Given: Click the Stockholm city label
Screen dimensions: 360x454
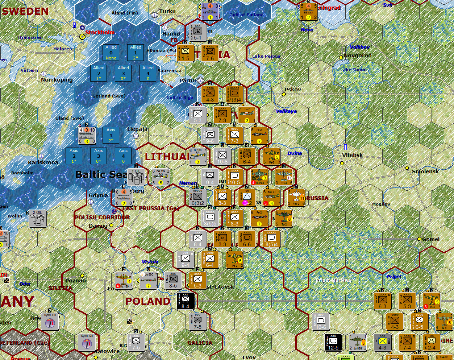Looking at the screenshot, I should pos(100,32).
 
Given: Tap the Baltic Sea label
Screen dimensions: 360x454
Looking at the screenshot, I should pos(101,174).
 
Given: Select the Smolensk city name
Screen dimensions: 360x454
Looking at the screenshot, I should pos(425,171).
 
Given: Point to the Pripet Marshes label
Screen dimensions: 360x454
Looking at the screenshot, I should pos(333,280).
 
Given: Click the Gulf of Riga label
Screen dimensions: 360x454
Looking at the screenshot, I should pos(180,97).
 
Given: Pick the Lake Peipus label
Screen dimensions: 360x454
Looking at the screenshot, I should pos(266,56).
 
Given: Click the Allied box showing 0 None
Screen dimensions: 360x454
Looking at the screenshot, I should pos(111,53).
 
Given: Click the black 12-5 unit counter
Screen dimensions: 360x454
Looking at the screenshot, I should pos(333,343).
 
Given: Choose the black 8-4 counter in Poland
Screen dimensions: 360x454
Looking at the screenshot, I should pos(186,301).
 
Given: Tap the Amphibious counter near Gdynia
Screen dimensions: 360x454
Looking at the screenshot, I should pos(124,198).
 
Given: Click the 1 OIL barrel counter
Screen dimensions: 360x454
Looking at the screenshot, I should pos(136,177).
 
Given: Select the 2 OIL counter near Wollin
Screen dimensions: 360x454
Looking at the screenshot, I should pos(38,218).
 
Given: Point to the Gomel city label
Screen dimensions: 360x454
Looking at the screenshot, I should pos(431,239).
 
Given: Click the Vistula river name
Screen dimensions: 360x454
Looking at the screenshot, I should pos(150,262).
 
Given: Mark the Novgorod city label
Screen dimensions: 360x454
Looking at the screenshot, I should pos(358,55).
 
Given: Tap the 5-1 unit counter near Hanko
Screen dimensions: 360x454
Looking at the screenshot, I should pos(198,33).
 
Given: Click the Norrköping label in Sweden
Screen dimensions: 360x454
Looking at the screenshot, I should pos(57,80).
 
